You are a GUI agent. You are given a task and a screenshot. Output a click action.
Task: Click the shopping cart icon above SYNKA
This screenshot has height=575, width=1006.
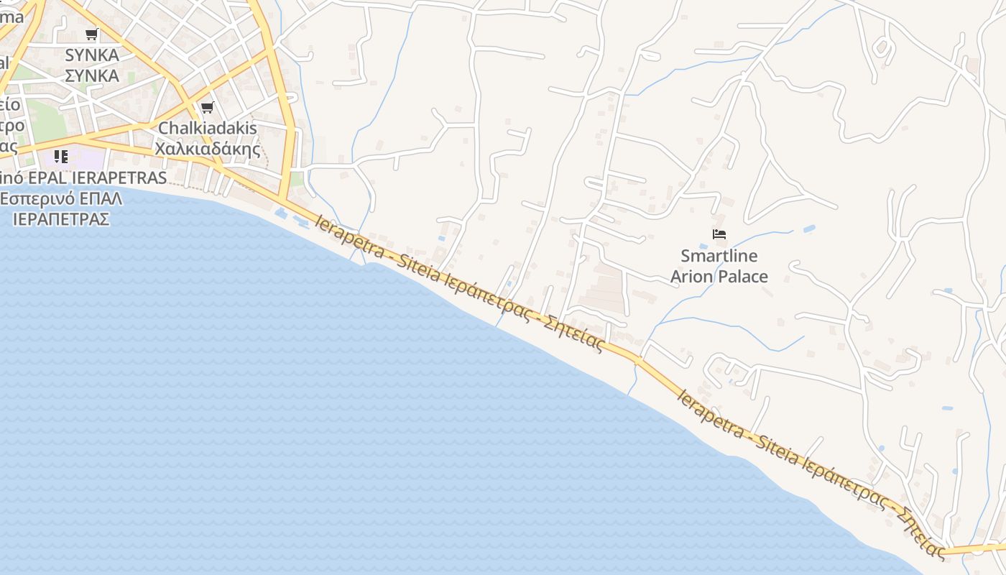coord(91,34)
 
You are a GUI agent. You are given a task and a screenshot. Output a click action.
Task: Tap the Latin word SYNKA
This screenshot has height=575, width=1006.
coord(92,55)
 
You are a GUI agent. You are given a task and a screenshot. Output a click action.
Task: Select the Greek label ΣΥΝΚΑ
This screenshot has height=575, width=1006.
coord(92,75)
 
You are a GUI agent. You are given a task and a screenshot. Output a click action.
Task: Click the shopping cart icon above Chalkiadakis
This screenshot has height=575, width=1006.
coord(208,108)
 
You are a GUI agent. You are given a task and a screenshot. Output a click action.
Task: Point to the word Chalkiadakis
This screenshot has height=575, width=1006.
coord(208,129)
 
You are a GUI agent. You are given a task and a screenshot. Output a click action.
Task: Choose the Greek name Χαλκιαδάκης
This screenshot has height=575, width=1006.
coord(208,149)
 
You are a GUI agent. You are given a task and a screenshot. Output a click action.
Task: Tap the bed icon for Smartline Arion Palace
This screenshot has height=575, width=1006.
coord(719,234)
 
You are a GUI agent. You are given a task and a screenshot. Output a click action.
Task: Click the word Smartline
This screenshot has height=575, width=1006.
coord(719,256)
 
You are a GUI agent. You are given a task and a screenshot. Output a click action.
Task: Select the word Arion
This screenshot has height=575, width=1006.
coord(691,276)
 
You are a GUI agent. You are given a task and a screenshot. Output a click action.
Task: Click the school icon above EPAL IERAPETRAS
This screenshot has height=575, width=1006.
coord(61,156)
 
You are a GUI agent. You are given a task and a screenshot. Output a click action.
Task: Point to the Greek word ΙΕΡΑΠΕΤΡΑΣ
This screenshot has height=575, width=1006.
coord(61,218)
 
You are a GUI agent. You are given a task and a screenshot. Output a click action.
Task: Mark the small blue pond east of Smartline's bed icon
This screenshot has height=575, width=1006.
coord(809,229)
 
